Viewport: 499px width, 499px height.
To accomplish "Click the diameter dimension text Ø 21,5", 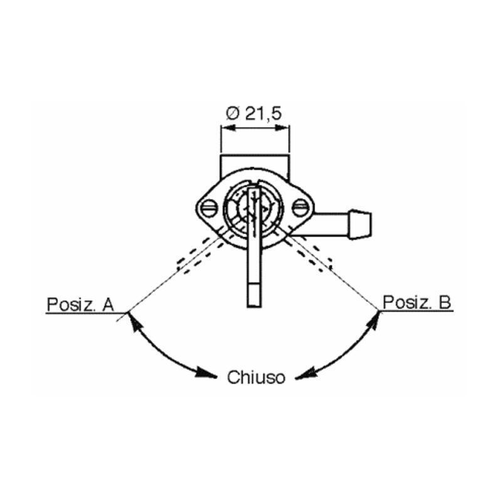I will (x=254, y=113).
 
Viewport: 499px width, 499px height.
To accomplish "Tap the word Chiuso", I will (x=256, y=377).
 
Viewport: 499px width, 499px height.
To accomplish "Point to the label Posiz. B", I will (x=416, y=303).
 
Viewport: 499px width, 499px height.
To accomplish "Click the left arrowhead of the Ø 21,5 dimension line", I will (x=225, y=129).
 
